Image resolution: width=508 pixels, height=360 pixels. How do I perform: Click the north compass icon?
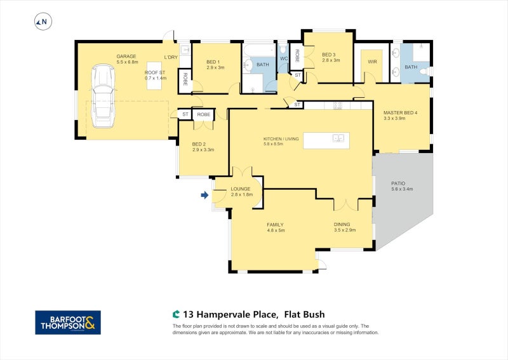[x=43, y=22]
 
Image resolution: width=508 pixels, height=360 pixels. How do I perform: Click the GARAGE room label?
[x=126, y=56]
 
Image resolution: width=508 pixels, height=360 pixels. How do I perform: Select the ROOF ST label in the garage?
[x=155, y=72]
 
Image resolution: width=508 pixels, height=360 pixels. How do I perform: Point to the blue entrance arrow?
[x=204, y=196]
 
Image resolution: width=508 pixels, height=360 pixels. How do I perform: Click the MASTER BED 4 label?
[x=401, y=113]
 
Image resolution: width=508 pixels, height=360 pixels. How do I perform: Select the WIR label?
[x=372, y=62]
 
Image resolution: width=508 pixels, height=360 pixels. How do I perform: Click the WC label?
[x=283, y=58]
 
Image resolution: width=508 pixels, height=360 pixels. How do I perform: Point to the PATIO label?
[x=399, y=183]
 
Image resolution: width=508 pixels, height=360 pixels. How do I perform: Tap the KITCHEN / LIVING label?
[x=281, y=138]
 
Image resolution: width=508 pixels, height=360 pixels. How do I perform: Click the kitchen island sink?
[x=339, y=137]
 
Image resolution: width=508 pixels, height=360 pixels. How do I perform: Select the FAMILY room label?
[x=274, y=224]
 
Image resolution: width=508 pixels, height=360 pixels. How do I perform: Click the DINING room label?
[x=342, y=224]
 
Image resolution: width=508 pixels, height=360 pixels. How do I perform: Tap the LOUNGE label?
[x=241, y=189]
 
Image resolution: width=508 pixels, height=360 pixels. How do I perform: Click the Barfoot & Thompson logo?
[x=68, y=322]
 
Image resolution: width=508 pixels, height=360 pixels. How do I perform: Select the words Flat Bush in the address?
[x=304, y=314]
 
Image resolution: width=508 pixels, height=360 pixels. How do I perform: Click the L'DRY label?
[x=170, y=57]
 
